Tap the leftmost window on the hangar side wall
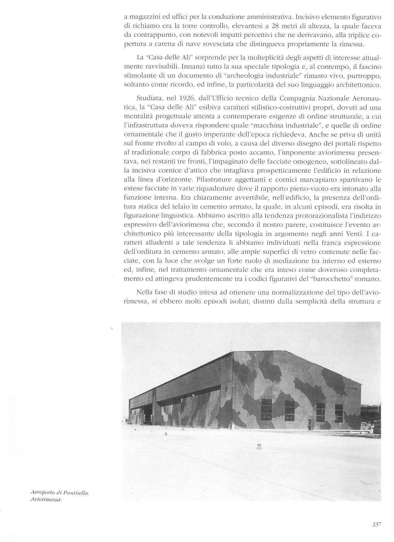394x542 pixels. [x=266, y=409]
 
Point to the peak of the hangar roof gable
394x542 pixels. [x=232, y=352]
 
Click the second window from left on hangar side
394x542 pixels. [x=290, y=410]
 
